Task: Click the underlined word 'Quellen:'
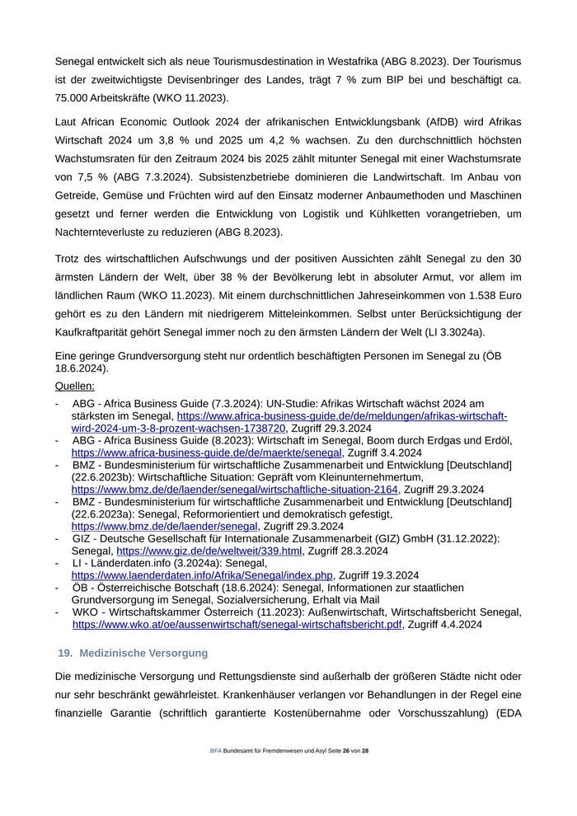coord(74,385)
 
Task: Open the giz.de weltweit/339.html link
coord(209,551)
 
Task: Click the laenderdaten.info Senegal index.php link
coord(202,574)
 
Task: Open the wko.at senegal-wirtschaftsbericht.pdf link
coord(237,625)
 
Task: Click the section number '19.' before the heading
coord(65,653)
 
